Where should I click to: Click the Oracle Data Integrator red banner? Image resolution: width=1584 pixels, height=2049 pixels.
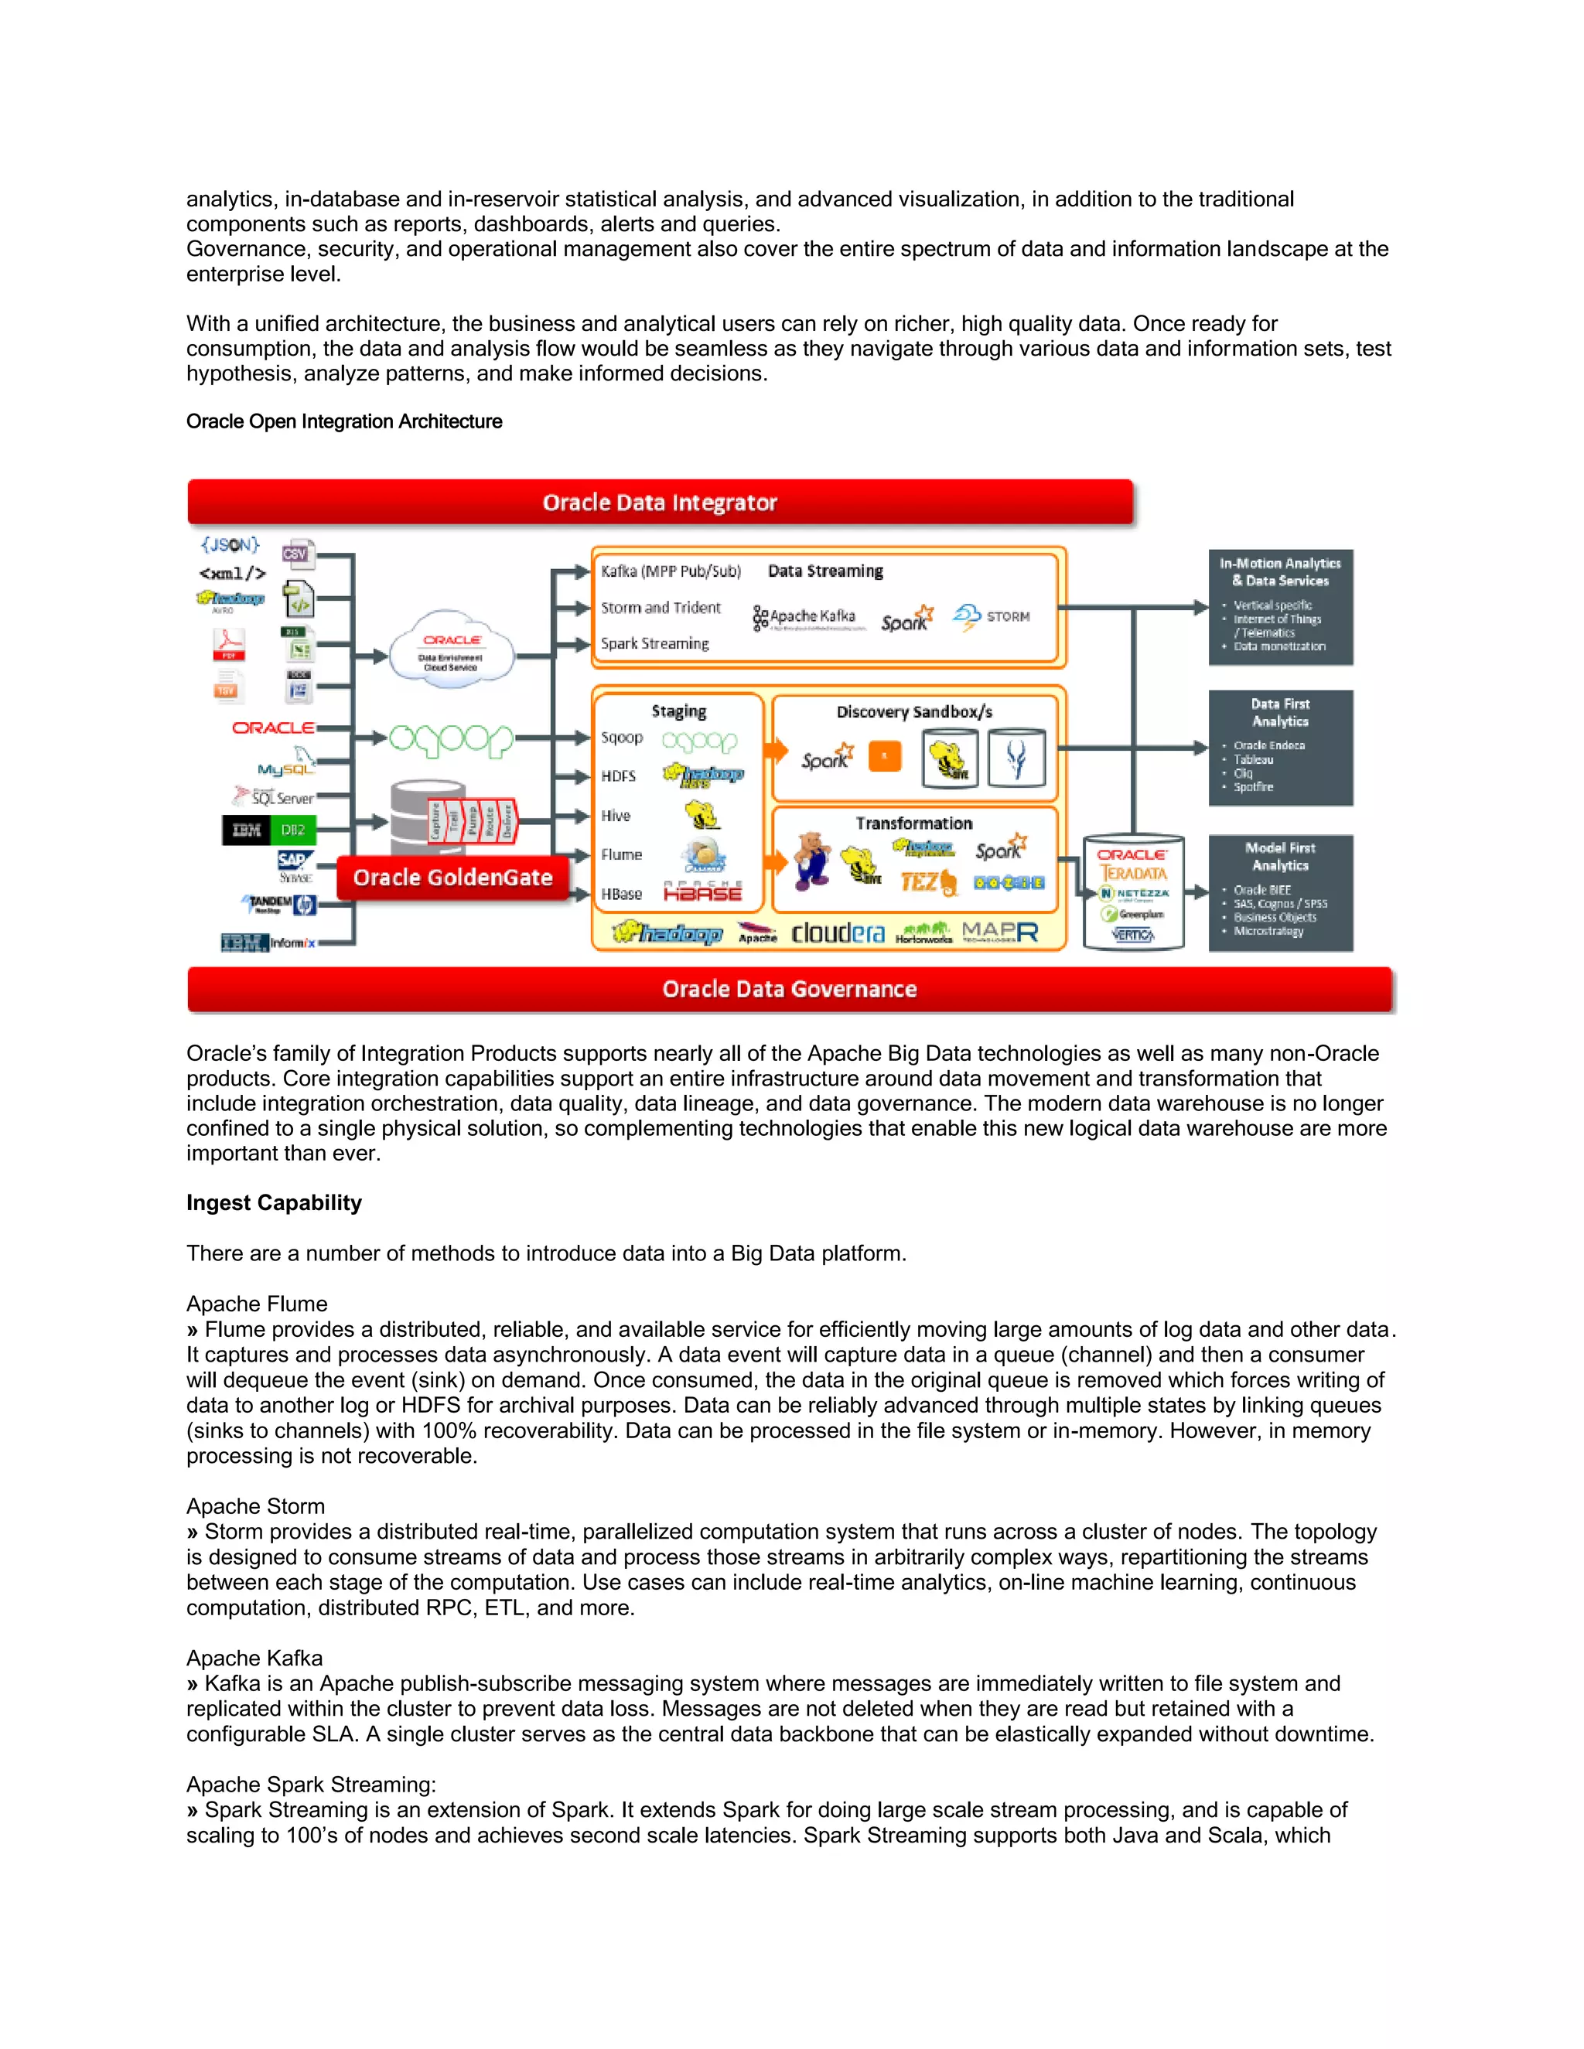[x=660, y=502]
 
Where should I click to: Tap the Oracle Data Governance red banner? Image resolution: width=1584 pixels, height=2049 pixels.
[x=789, y=989]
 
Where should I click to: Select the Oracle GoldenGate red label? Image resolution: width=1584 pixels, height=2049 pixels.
[x=452, y=878]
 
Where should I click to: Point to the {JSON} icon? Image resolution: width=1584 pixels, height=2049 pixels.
[x=230, y=545]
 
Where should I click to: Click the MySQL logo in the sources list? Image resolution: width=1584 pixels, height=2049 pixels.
[x=285, y=769]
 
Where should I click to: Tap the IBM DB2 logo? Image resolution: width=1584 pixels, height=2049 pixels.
[x=269, y=830]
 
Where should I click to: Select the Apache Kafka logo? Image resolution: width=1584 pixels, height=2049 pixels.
[x=805, y=616]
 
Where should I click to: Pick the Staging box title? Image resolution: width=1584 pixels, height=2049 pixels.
[x=678, y=711]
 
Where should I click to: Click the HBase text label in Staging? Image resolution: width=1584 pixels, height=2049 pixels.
[x=621, y=894]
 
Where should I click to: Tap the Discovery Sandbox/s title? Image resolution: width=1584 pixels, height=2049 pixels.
[x=914, y=712]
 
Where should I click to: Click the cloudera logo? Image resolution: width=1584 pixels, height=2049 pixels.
[x=837, y=932]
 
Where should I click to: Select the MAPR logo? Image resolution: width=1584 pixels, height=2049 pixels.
[x=1000, y=932]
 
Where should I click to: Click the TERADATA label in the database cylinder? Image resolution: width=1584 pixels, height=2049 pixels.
[x=1134, y=874]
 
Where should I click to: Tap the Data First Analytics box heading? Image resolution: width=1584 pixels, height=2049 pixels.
[x=1280, y=712]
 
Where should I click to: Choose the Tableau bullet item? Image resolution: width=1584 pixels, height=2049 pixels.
[x=1254, y=760]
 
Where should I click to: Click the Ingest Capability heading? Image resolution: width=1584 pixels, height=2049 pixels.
[x=274, y=1203]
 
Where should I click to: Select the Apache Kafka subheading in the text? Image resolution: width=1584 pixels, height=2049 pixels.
[x=254, y=1658]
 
